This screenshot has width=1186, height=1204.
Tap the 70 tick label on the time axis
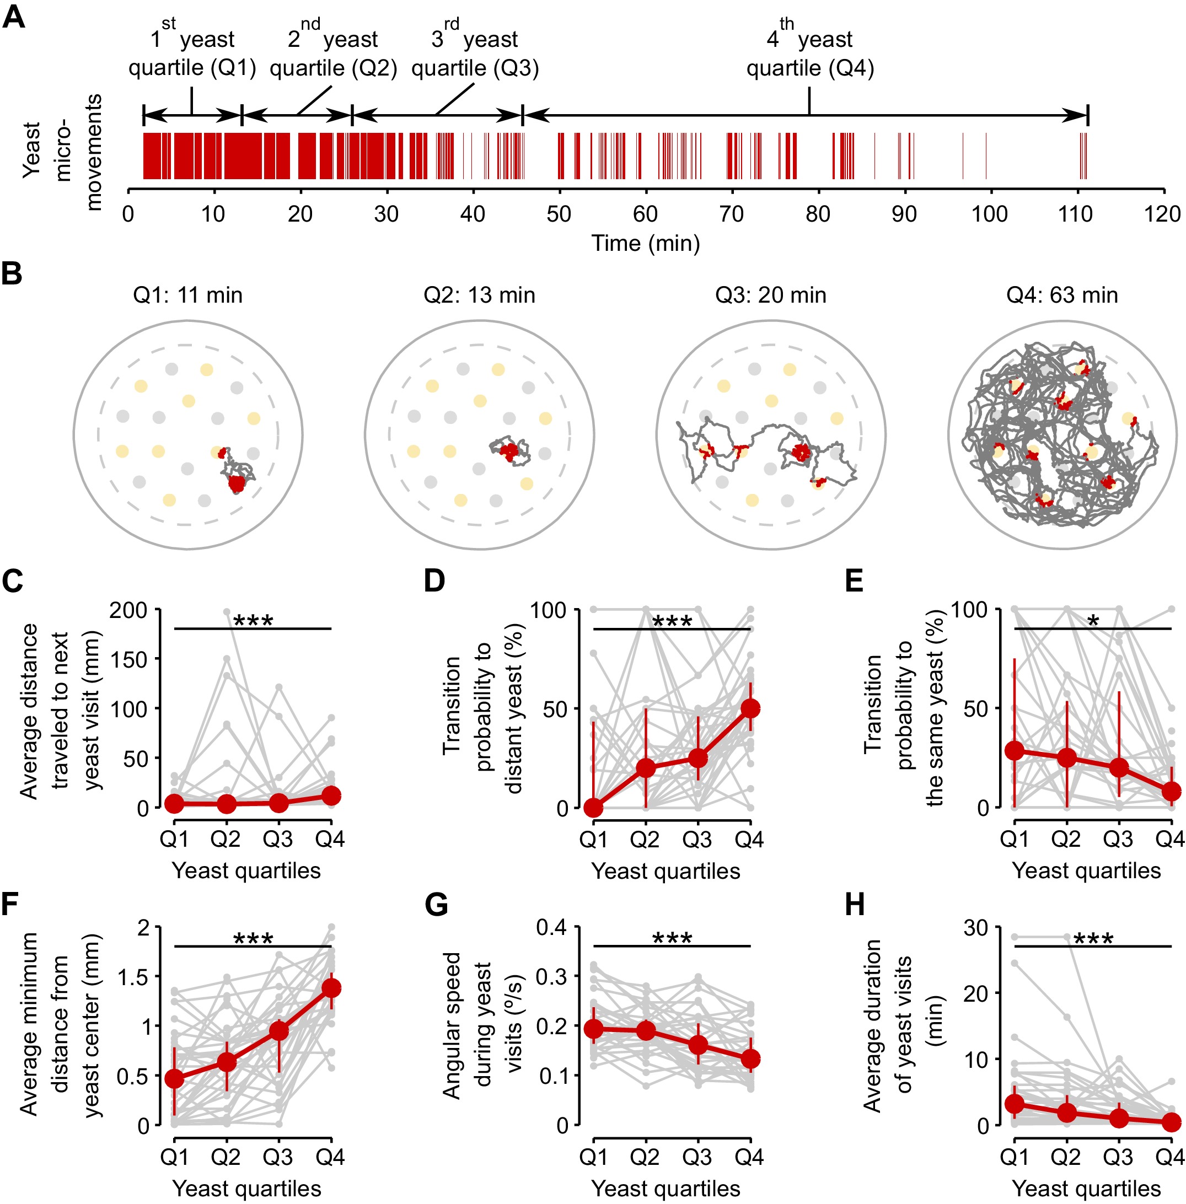click(731, 214)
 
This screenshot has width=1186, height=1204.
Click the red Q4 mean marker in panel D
click(750, 708)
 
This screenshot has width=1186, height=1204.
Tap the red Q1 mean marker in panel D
click(594, 808)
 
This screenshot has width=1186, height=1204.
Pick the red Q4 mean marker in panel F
click(331, 988)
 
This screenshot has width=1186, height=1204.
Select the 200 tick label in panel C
click(128, 610)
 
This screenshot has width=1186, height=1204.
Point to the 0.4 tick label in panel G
click(551, 927)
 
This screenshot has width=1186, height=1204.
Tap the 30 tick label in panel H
click(976, 927)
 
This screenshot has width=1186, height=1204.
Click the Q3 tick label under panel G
click(697, 1157)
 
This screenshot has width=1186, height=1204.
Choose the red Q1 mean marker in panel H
click(1015, 1104)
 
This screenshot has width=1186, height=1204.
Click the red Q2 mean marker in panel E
click(1067, 758)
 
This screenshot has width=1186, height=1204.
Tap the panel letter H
click(855, 905)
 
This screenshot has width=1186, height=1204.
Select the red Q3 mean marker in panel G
click(698, 1044)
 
